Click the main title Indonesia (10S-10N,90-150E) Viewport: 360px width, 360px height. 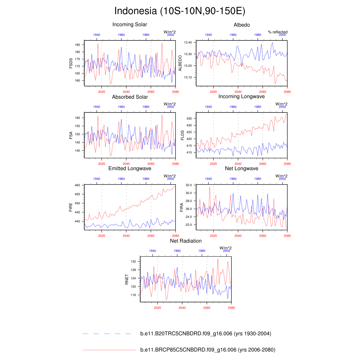click(180, 11)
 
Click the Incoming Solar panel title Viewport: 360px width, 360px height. click(130, 25)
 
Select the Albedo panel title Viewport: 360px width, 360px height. click(242, 25)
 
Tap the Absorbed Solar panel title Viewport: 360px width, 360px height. click(130, 97)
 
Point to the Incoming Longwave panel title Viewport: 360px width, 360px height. click(242, 96)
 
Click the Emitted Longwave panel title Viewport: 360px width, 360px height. click(130, 168)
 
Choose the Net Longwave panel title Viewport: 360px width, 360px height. click(242, 168)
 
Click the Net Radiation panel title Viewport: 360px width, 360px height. click(186, 241)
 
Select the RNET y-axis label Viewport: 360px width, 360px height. click(127, 279)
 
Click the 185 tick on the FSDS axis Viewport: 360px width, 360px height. click(78, 45)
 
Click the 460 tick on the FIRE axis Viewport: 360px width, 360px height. click(78, 185)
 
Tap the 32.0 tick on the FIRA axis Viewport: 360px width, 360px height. click(188, 185)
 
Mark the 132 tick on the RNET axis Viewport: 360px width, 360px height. click(133, 262)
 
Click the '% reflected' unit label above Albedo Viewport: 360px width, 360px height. click(277, 32)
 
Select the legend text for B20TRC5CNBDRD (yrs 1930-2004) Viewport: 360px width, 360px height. click(205, 334)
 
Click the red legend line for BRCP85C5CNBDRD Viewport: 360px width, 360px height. click(109, 350)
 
